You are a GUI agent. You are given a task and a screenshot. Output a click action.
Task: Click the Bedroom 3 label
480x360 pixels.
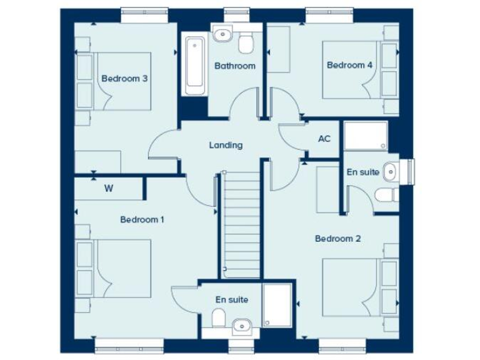point(124,79)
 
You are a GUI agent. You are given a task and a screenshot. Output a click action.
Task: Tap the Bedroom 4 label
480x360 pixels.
point(349,65)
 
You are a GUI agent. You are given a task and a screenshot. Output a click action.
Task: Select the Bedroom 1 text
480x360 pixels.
point(142,219)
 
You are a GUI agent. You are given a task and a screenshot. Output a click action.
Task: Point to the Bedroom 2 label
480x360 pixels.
point(337,238)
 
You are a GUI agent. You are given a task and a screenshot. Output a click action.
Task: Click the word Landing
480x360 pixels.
point(226,145)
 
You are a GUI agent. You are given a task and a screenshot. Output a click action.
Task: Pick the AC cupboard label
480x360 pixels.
point(324,139)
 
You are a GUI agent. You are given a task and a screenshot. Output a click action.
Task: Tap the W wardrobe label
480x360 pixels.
point(108,188)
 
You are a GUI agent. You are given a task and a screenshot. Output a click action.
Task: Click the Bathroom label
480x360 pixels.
point(234,66)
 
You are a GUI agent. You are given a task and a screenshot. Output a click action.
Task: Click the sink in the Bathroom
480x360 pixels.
point(222,33)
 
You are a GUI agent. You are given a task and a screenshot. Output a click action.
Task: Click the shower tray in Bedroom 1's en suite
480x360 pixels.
point(277,305)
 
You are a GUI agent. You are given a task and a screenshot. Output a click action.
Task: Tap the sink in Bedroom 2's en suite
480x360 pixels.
point(389,169)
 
